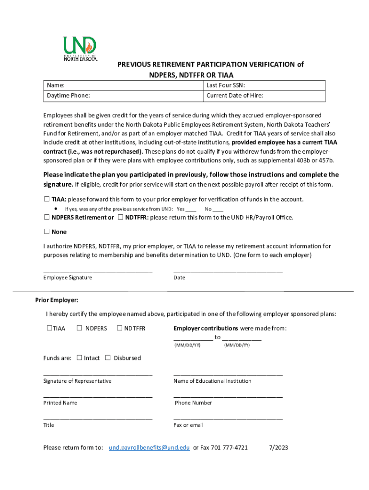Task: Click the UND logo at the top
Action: point(81,49)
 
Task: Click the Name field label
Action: point(56,86)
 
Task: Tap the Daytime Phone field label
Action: point(69,96)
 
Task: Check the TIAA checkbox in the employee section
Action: point(47,199)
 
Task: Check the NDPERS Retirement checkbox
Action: point(47,217)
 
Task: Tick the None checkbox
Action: point(47,232)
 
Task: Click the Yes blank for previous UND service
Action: point(191,209)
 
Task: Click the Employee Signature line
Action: point(98,271)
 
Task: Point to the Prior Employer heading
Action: point(57,301)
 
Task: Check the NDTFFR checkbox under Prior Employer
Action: point(120,328)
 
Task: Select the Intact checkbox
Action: point(80,357)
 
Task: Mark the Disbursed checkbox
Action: point(108,357)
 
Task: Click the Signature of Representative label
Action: point(77,381)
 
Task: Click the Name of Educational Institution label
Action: point(212,381)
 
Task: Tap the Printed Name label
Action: point(60,403)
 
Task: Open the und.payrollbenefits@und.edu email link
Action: point(149,448)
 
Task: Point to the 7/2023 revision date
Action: point(278,448)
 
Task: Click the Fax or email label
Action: point(188,425)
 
